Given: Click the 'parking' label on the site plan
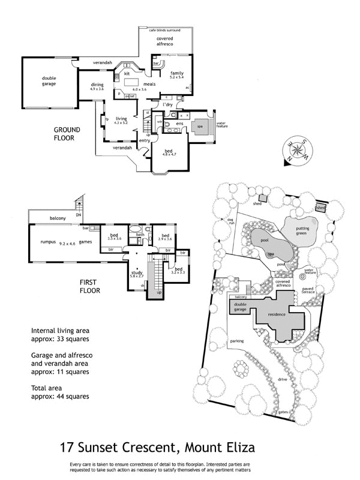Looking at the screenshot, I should [236, 341].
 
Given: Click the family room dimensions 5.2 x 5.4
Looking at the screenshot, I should [176, 77].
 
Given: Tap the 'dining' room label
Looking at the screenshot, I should [98, 85].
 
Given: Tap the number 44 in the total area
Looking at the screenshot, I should [59, 397].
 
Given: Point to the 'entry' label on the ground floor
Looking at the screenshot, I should [145, 140].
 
